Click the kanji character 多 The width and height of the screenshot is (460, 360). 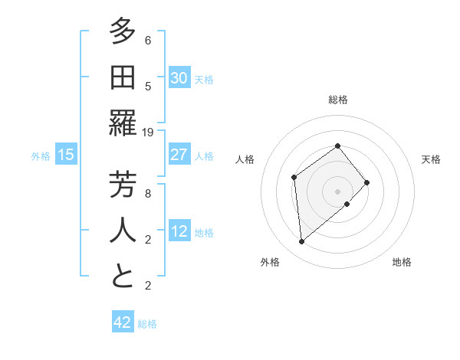click(x=123, y=32)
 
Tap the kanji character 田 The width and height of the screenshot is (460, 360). click(x=123, y=78)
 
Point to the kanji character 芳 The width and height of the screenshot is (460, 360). click(x=123, y=185)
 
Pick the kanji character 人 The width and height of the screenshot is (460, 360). click(x=123, y=231)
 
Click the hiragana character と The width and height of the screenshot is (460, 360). click(x=123, y=277)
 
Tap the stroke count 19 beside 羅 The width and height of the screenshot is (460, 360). click(x=148, y=133)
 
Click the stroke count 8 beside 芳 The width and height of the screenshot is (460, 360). click(x=148, y=194)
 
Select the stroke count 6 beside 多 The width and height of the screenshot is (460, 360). click(x=148, y=41)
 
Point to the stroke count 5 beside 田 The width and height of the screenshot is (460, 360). click(x=148, y=87)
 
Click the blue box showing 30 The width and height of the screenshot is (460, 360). click(x=179, y=77)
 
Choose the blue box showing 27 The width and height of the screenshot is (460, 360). click(x=179, y=154)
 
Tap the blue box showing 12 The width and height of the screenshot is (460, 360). click(x=179, y=231)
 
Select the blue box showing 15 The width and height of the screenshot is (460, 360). click(x=66, y=155)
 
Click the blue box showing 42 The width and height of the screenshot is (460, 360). click(x=123, y=322)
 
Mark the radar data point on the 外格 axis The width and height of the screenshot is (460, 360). click(x=302, y=242)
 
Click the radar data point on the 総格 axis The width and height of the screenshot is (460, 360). click(x=337, y=146)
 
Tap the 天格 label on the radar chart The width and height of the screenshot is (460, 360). click(x=432, y=159)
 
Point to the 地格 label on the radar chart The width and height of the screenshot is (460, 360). click(x=402, y=262)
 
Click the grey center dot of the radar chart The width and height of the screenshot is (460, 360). click(x=337, y=190)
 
